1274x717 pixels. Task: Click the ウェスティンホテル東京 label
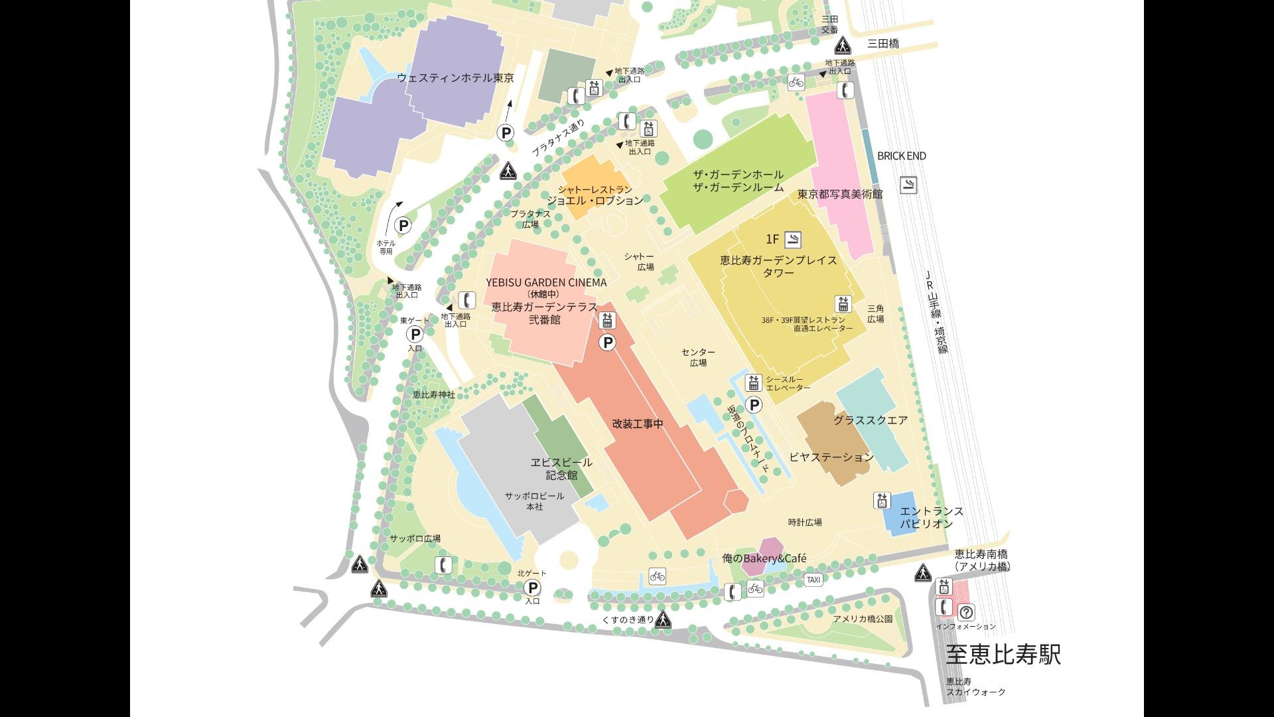coord(455,78)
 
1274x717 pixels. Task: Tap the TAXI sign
coord(814,580)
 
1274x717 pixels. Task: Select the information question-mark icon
coord(966,612)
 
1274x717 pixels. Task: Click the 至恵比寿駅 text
coord(1003,655)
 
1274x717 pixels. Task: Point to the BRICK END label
coord(901,156)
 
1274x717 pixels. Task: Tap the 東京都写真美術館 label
coord(839,195)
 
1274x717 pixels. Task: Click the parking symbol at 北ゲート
coord(532,588)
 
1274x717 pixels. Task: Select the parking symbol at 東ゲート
coord(415,334)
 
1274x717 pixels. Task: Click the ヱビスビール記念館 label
coord(561,469)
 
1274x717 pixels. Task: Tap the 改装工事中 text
coord(637,424)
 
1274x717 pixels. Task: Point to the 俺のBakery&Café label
coord(764,558)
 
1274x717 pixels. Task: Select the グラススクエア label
coord(870,420)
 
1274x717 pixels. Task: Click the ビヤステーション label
coord(831,457)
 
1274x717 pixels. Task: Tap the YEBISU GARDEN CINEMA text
coord(545,282)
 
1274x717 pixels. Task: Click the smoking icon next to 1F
coord(792,239)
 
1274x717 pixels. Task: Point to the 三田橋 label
coord(883,44)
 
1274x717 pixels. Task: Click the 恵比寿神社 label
coord(433,394)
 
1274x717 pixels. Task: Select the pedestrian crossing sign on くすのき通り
coord(663,620)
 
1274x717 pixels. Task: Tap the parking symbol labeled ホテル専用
coord(402,225)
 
